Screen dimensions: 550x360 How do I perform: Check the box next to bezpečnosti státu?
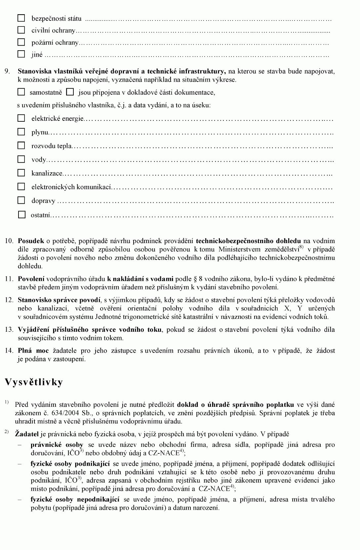[21, 18]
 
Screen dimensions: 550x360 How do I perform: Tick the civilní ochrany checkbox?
[21, 30]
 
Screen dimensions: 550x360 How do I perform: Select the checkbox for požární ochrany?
[21, 42]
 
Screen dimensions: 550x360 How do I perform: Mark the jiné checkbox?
[21, 54]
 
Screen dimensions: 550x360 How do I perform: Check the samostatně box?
[21, 92]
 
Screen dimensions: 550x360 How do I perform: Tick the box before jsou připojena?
[70, 92]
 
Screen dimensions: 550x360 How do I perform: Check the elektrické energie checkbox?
[21, 118]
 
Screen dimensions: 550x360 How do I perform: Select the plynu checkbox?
[21, 132]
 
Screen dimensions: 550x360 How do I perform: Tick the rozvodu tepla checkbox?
[21, 146]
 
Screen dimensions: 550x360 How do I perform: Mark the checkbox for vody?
[21, 159]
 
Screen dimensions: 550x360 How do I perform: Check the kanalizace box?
[21, 173]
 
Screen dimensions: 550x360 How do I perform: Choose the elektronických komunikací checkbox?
[21, 187]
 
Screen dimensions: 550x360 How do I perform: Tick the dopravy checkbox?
[21, 200]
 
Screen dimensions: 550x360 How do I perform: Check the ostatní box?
[21, 215]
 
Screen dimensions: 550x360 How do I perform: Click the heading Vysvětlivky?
[34, 382]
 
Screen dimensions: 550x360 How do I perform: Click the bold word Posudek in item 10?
[31, 241]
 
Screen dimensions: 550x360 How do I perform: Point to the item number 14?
[9, 351]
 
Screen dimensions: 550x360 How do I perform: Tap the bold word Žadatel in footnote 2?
[27, 434]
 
